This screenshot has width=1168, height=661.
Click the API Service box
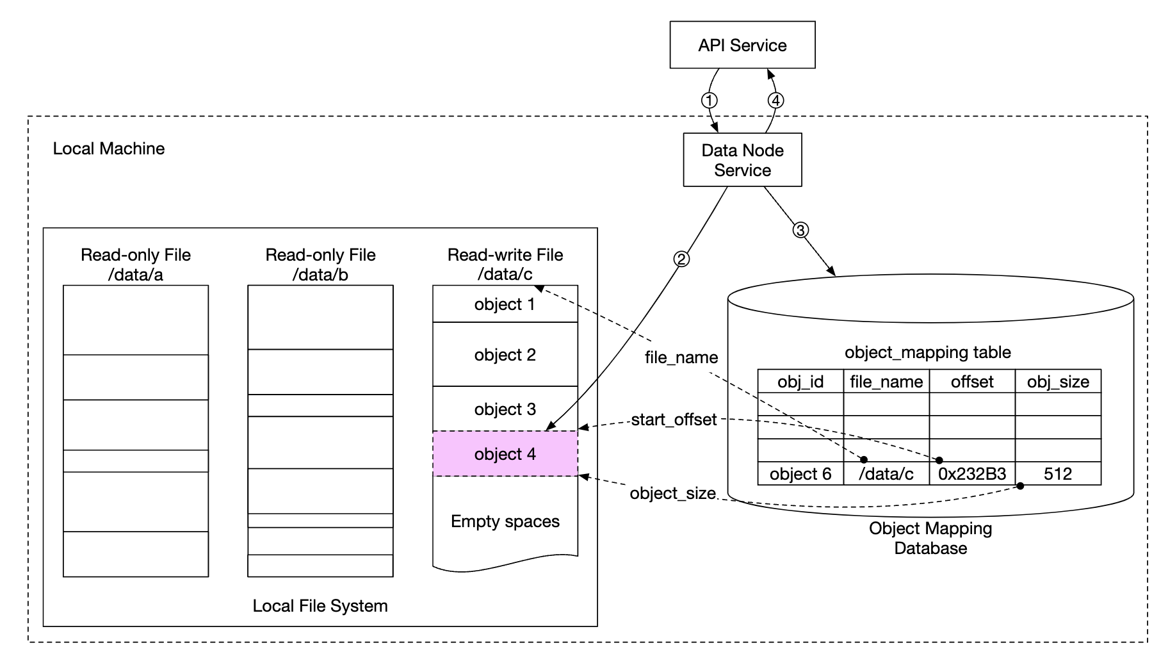pyautogui.click(x=742, y=45)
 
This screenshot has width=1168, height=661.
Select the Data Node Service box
pyautogui.click(x=742, y=160)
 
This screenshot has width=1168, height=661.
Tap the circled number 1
pyautogui.click(x=709, y=101)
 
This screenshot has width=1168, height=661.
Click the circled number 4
pyautogui.click(x=775, y=101)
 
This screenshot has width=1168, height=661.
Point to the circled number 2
pyautogui.click(x=681, y=259)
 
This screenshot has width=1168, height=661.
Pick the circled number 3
pyautogui.click(x=800, y=230)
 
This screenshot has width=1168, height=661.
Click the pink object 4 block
pyautogui.click(x=505, y=454)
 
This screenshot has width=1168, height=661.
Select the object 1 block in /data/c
pyautogui.click(x=505, y=304)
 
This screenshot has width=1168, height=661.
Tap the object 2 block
pyautogui.click(x=505, y=355)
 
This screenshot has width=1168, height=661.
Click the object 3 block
pyautogui.click(x=505, y=409)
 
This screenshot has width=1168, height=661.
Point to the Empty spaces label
pyautogui.click(x=505, y=521)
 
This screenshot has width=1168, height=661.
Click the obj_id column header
pyautogui.click(x=800, y=382)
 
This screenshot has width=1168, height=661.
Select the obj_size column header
pyautogui.click(x=1058, y=382)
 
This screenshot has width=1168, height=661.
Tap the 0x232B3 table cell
pyautogui.click(x=972, y=474)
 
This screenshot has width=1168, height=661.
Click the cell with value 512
pyautogui.click(x=1058, y=474)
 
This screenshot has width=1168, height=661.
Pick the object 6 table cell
pyautogui.click(x=800, y=474)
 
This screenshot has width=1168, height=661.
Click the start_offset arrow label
pyautogui.click(x=674, y=420)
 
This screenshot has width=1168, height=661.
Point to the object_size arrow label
pyautogui.click(x=672, y=493)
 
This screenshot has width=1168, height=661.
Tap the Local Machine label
pyautogui.click(x=109, y=149)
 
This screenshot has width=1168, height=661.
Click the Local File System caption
pyautogui.click(x=320, y=606)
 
